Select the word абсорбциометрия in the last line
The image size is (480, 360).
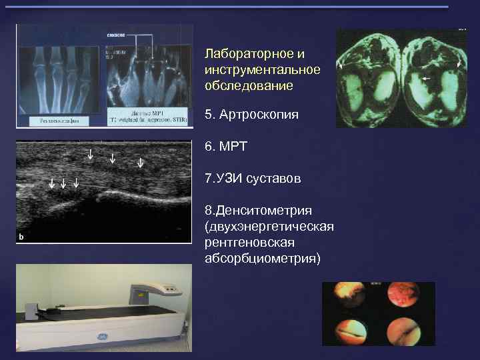tap(262, 257)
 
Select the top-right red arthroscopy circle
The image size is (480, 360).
tap(404, 297)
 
